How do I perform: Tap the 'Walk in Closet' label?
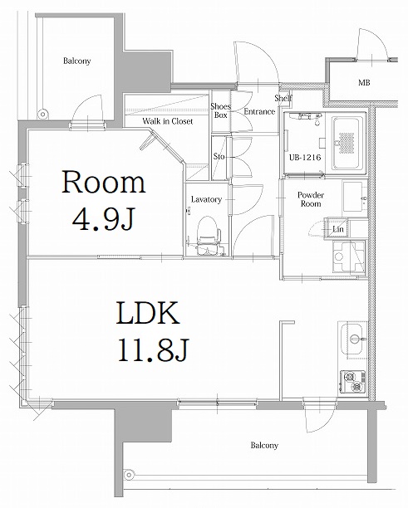pos(167,121)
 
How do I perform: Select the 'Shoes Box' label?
pos(220,111)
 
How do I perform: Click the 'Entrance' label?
pos(258,112)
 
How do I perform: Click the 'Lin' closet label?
pos(338,228)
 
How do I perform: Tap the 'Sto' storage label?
pos(219,156)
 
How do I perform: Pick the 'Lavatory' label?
pos(205,199)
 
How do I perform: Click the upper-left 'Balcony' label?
pos(76,61)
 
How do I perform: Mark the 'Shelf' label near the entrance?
pos(283,98)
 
